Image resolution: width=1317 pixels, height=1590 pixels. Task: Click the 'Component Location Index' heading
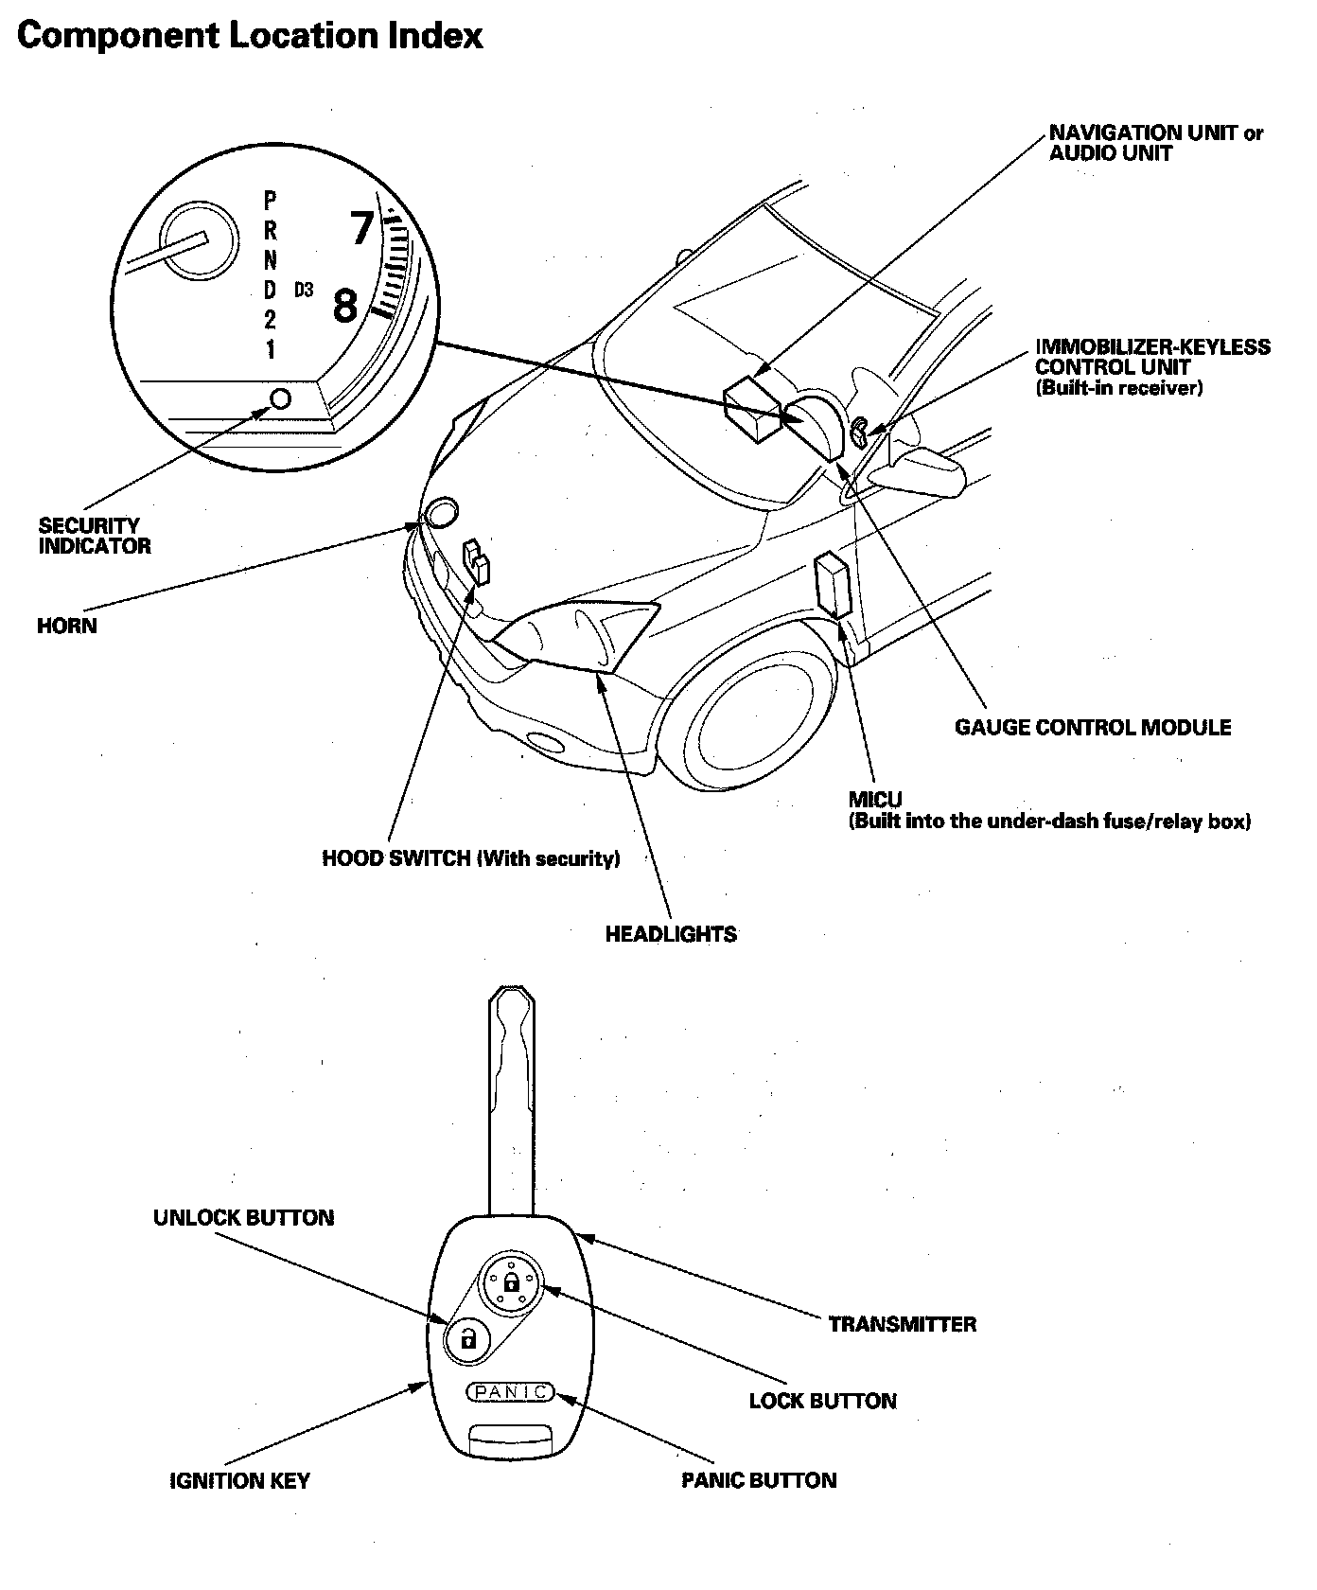pyautogui.click(x=251, y=35)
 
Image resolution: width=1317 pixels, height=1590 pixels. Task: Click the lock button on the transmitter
pyautogui.click(x=511, y=1282)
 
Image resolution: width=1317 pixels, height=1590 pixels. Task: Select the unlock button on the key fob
pyautogui.click(x=467, y=1339)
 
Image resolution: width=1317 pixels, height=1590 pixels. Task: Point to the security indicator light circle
pyautogui.click(x=281, y=397)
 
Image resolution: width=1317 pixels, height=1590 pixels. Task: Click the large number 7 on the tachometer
pyautogui.click(x=361, y=228)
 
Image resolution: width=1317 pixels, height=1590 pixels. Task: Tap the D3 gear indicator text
pyautogui.click(x=303, y=290)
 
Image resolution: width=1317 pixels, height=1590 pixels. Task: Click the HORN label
pyautogui.click(x=67, y=626)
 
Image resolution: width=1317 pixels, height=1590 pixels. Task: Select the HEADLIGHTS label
pyautogui.click(x=671, y=934)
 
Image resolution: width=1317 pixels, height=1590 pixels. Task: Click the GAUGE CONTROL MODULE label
pyautogui.click(x=1093, y=727)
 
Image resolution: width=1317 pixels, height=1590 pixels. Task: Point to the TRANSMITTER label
pyautogui.click(x=902, y=1324)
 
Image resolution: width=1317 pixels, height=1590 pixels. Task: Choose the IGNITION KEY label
pyautogui.click(x=239, y=1481)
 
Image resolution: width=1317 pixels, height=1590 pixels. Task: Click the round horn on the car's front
pyautogui.click(x=441, y=514)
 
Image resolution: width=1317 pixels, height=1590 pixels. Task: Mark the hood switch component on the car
pyautogui.click(x=476, y=562)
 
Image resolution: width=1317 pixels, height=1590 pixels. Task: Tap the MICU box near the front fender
pyautogui.click(x=834, y=585)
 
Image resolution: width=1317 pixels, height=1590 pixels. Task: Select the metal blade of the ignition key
pyautogui.click(x=513, y=1098)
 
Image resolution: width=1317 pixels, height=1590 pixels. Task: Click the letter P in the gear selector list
pyautogui.click(x=271, y=200)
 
